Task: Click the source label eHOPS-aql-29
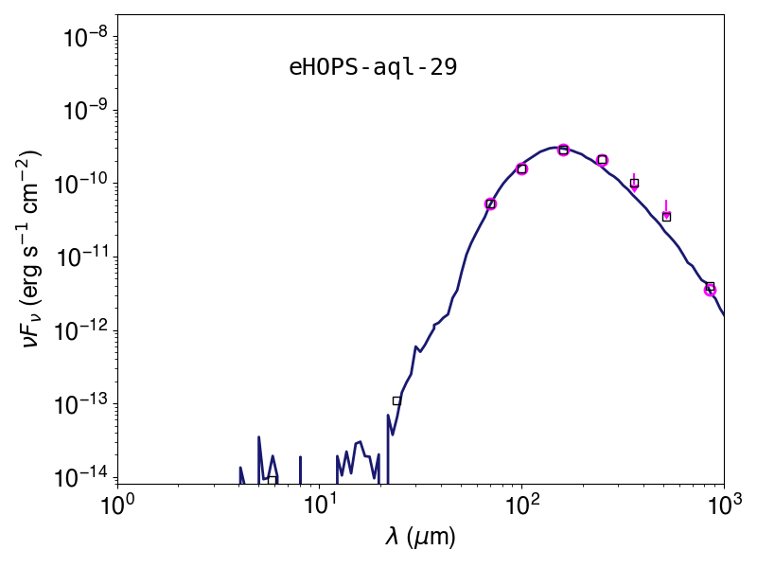click(373, 67)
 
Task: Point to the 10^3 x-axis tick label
click(724, 506)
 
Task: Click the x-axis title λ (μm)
click(420, 537)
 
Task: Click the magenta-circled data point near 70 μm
click(490, 204)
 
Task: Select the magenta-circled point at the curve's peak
click(563, 150)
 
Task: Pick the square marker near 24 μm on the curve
click(396, 400)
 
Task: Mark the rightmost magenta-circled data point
click(710, 290)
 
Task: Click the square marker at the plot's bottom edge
click(273, 480)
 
